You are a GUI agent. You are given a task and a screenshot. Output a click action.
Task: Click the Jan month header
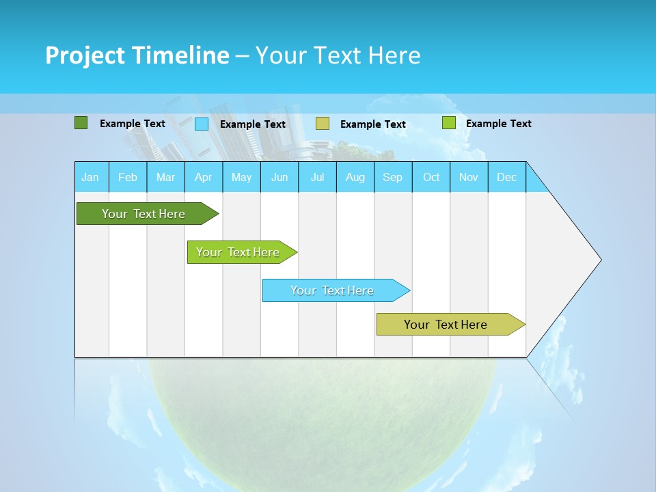pyautogui.click(x=90, y=177)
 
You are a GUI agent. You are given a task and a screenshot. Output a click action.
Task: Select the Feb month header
pyautogui.click(x=128, y=177)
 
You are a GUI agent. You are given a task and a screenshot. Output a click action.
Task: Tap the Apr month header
pyautogui.click(x=203, y=177)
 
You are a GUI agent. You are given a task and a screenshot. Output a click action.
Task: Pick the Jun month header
pyautogui.click(x=279, y=177)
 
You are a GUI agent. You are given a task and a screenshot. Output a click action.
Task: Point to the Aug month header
pyautogui.click(x=355, y=177)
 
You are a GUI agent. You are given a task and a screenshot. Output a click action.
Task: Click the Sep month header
pyautogui.click(x=392, y=177)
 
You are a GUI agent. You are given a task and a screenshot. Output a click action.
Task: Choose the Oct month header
pyautogui.click(x=431, y=177)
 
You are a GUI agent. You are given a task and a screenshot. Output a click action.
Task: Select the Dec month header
pyautogui.click(x=506, y=177)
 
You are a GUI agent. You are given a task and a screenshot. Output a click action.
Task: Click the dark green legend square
pyautogui.click(x=81, y=123)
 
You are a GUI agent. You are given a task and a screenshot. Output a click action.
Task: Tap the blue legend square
pyautogui.click(x=202, y=124)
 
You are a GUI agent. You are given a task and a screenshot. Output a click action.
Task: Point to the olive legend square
pyautogui.click(x=323, y=123)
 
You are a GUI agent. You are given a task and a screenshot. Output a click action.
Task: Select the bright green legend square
pyautogui.click(x=448, y=123)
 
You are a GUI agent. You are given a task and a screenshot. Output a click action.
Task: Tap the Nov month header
pyautogui.click(x=469, y=177)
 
